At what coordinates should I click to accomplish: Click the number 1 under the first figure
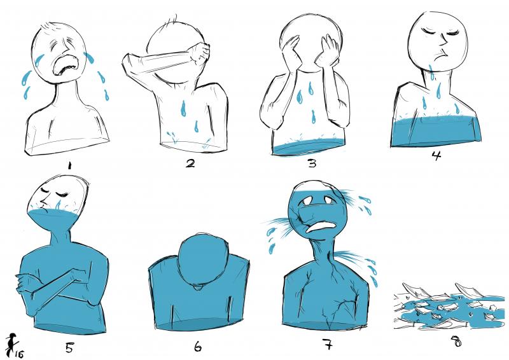click(69, 166)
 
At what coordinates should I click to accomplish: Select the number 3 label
click(312, 163)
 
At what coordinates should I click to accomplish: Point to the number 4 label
click(436, 156)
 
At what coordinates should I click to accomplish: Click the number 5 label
click(69, 347)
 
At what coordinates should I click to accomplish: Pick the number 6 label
click(198, 347)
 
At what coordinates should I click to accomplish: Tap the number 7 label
click(328, 344)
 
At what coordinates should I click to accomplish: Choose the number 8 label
click(456, 341)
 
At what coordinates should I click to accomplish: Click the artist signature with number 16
click(14, 346)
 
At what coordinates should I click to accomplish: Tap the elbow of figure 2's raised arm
click(128, 60)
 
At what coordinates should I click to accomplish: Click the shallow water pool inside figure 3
click(308, 147)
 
